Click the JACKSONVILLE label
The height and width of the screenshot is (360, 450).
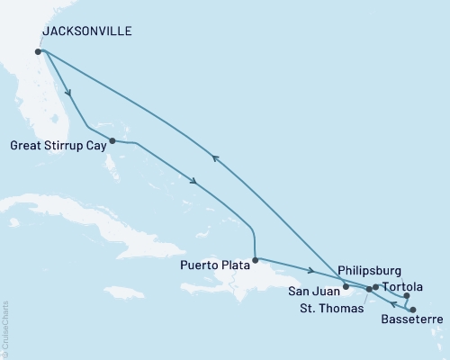[86, 31]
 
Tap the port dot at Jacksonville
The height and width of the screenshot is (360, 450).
[38, 51]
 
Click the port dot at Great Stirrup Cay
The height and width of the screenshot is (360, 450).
[112, 140]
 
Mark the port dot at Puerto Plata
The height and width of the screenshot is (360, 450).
[256, 261]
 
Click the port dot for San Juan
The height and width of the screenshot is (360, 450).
[346, 287]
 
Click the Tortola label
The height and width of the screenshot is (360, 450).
[401, 287]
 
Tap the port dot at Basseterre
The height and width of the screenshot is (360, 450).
[412, 309]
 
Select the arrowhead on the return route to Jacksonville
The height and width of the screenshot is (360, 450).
[214, 157]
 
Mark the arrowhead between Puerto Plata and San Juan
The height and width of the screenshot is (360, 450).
[310, 272]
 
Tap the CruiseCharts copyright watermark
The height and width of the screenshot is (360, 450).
[5, 328]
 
